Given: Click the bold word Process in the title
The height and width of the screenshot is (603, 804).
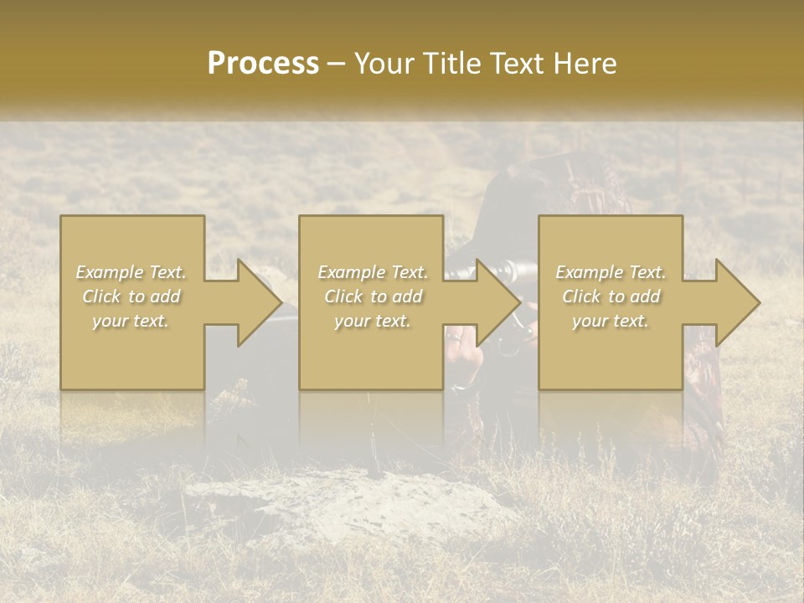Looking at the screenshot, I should click(x=263, y=63).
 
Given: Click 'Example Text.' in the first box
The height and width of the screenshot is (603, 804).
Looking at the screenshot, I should click(x=131, y=272).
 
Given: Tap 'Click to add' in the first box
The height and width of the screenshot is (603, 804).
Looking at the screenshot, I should click(x=131, y=296).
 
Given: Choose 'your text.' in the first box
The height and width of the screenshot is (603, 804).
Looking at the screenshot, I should click(x=131, y=321).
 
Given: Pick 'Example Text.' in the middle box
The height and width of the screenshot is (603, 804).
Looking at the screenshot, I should click(x=373, y=272).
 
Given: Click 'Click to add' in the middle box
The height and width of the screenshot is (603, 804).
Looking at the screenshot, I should click(x=373, y=296).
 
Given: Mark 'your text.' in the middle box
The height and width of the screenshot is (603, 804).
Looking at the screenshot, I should click(x=373, y=321).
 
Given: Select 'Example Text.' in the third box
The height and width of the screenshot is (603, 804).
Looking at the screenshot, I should click(x=611, y=272).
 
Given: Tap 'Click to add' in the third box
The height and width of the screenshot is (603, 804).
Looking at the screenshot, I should click(x=611, y=296).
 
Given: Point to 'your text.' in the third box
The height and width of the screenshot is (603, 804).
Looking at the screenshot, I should click(x=611, y=321).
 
